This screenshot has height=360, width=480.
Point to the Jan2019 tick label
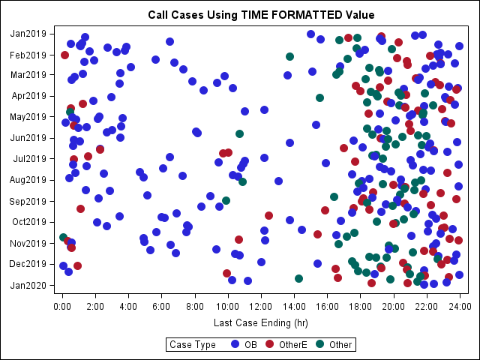coord(28,33)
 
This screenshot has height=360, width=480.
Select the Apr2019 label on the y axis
coord(28,96)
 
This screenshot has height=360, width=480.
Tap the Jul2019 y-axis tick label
coord(28,159)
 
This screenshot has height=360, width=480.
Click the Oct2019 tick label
coord(28,222)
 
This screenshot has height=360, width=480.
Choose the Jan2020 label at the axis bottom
coord(28,285)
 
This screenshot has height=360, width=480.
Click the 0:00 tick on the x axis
coord(63,306)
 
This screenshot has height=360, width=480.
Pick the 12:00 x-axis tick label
coord(261,306)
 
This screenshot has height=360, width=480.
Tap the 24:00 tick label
coord(459,306)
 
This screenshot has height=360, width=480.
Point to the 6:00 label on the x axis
coord(162,306)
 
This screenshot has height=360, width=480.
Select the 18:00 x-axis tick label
coord(360,306)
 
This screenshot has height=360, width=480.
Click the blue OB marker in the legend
coord(235,344)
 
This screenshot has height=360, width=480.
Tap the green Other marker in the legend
coord(319,344)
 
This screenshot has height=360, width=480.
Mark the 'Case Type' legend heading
coord(193,344)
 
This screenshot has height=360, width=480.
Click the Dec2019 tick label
coord(28,264)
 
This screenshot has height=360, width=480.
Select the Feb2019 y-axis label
coord(28,54)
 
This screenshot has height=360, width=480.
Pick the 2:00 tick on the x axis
coord(96,306)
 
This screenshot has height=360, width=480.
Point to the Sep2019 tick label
coord(28,201)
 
